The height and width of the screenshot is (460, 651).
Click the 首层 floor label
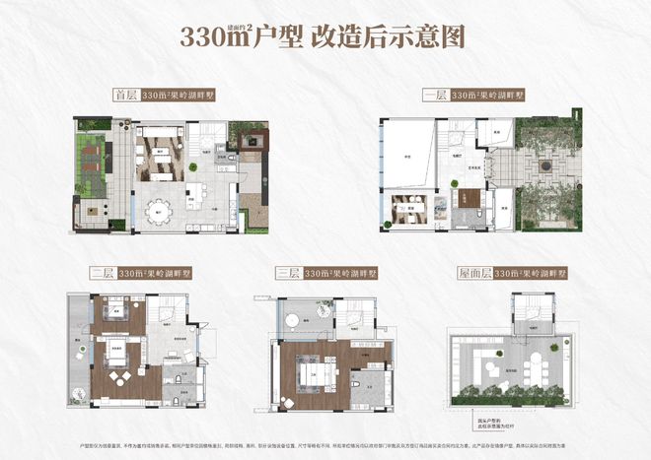click(126, 97)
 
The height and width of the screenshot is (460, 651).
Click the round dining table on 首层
click(160, 212)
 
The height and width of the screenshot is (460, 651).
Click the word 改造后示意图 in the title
click(394, 37)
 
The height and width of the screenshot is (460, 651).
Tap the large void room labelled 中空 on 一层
click(404, 158)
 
